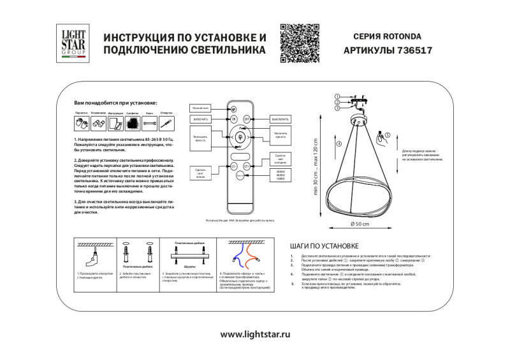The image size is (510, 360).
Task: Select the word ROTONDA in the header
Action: [402, 38]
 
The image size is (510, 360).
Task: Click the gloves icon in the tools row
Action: [81, 124]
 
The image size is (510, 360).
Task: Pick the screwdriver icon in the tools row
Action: [164, 123]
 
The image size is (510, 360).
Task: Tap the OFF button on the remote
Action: [247, 119]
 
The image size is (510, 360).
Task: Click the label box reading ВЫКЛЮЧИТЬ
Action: [280, 119]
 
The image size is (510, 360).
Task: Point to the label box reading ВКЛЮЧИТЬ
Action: [200, 119]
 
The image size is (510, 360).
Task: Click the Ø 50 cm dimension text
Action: [360, 224]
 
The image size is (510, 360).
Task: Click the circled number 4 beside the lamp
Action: [338, 144]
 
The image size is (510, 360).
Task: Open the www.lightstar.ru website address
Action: [255, 335]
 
